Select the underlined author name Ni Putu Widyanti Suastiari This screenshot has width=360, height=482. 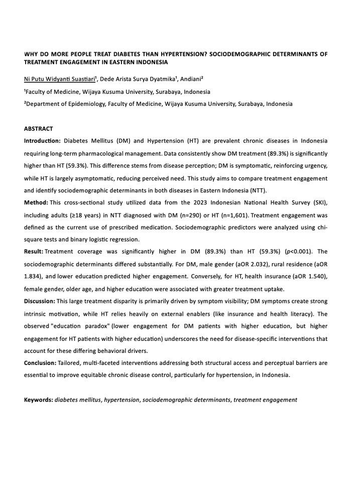pos(60,79)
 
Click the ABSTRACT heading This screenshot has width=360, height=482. pos(38,129)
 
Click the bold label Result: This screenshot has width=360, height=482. pos(35,251)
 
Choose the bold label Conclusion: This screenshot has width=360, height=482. pos(41,362)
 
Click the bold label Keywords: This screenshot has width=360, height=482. pos(39,400)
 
